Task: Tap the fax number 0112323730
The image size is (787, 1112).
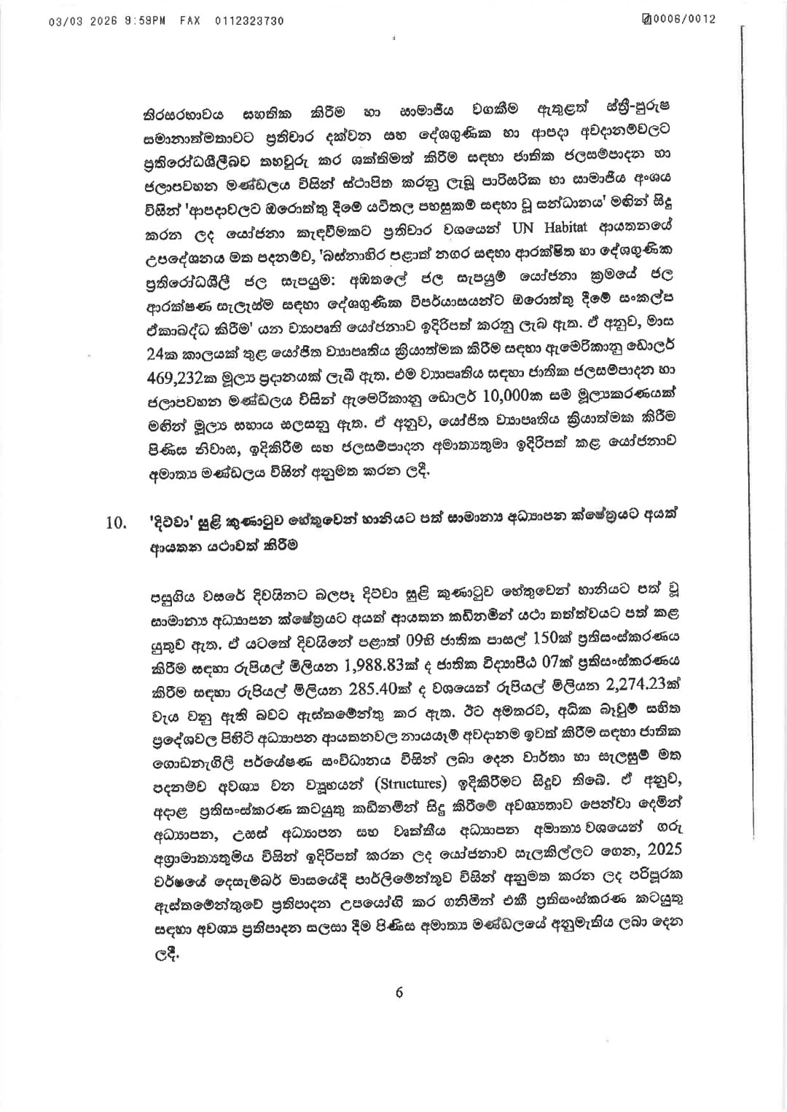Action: [x=250, y=21]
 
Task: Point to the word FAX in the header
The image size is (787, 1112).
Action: [x=191, y=21]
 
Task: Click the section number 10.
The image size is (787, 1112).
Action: [x=117, y=523]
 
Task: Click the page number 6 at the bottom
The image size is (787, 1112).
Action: [x=399, y=992]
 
